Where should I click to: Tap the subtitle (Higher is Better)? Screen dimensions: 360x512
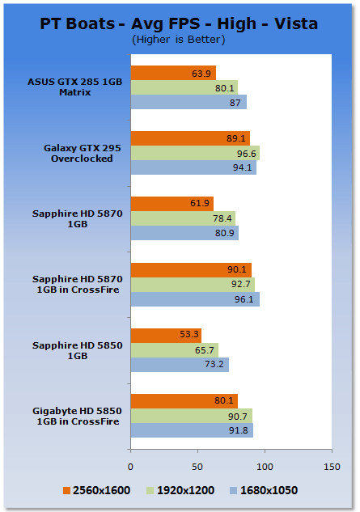179,40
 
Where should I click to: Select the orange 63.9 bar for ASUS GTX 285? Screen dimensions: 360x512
173,73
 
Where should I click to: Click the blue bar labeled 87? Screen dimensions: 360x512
188,102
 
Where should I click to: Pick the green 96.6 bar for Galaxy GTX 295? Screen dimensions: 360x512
195,153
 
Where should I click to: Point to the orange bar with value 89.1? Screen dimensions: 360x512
190,138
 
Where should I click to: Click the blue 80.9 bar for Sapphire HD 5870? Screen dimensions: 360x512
184,233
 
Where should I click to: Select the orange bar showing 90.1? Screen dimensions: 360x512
191,270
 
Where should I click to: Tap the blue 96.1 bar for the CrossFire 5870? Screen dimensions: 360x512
195,299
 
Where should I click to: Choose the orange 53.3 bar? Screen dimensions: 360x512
166,336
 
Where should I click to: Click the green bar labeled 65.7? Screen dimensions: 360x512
175,350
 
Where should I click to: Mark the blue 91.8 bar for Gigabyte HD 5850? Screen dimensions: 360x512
192,430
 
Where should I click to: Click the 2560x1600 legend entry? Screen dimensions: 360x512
97,490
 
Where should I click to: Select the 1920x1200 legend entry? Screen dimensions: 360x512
180,490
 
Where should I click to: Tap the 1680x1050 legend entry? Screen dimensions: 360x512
264,490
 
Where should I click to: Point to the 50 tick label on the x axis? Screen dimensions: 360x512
197,467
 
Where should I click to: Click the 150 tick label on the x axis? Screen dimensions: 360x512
332,467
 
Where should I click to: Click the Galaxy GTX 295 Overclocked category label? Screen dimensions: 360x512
82,153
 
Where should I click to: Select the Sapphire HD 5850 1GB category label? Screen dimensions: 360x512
78,350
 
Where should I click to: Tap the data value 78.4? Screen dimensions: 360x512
222,218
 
